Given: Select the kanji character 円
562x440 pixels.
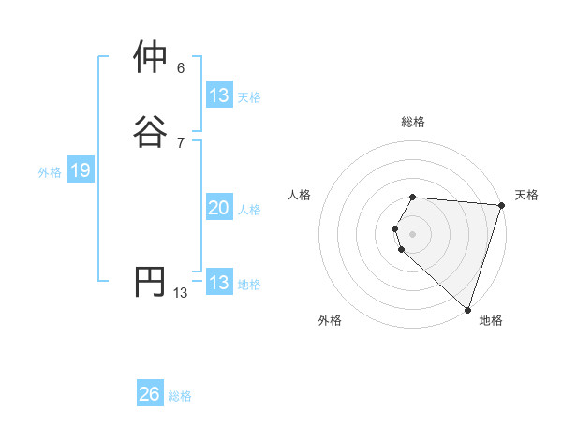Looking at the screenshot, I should click(152, 281).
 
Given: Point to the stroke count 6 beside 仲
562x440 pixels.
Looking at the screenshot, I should click(181, 67).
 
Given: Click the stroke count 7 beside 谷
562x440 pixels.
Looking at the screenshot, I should click(181, 142).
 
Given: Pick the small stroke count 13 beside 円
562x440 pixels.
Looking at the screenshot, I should click(181, 293).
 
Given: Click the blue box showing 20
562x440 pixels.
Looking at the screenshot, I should click(218, 209).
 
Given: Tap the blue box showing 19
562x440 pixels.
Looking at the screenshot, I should click(80, 170).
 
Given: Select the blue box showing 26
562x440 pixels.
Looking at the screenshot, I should click(149, 394).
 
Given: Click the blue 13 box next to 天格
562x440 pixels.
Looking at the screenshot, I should click(218, 95).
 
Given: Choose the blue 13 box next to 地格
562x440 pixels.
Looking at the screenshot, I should click(218, 283).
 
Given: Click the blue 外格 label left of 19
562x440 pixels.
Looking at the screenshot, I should click(49, 172).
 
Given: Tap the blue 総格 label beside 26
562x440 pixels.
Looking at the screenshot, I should click(180, 396).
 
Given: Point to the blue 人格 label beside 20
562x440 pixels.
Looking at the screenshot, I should click(250, 211).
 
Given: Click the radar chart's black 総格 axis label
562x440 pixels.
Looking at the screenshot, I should click(413, 122).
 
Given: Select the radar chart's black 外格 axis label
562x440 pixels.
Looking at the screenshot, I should click(330, 321).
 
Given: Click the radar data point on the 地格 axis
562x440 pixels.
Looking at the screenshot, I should click(467, 309).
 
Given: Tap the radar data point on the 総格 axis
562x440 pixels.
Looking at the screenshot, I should click(413, 197).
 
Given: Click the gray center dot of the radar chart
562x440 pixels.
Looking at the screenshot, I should click(413, 233).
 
